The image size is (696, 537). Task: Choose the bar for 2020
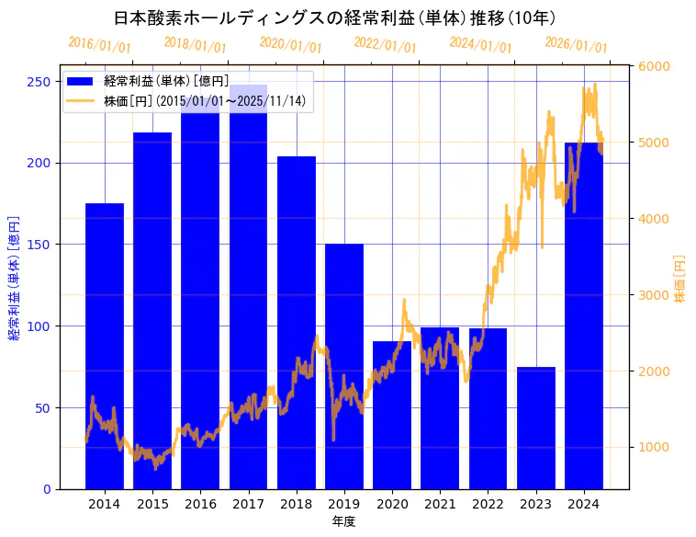[x=392, y=415]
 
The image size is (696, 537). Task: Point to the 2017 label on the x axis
[x=248, y=504]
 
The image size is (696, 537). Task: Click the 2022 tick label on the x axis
[x=488, y=504]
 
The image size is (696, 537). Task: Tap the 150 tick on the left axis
[x=39, y=245]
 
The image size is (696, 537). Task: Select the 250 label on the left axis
[x=39, y=82]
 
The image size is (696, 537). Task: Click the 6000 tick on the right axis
[x=654, y=66]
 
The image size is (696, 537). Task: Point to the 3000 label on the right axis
[x=654, y=295]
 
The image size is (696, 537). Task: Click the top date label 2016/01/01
[x=99, y=44]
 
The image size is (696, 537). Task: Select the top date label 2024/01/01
[x=480, y=44]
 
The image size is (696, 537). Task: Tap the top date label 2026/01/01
[x=576, y=45]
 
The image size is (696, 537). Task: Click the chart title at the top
[x=335, y=17]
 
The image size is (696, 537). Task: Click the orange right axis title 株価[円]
[x=680, y=279]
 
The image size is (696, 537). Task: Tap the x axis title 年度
[x=343, y=521]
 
